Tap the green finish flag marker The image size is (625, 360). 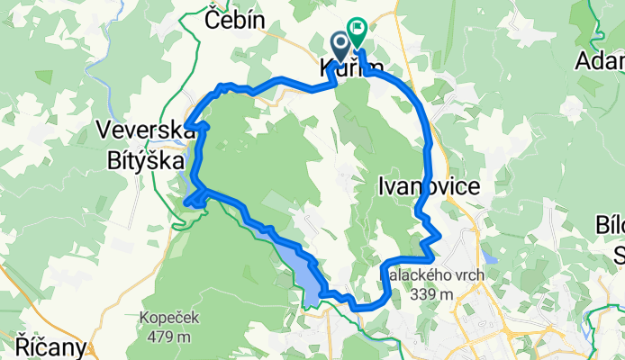click(357, 32)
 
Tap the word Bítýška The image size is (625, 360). click(143, 162)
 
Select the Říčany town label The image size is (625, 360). click(50, 346)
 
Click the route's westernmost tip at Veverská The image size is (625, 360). click(186, 127)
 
